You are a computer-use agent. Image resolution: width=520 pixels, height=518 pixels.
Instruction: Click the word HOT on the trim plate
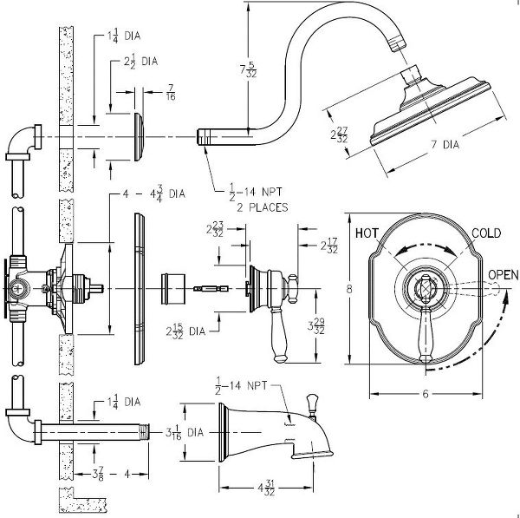(x=367, y=233)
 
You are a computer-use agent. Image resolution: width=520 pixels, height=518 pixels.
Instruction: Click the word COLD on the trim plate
(x=486, y=233)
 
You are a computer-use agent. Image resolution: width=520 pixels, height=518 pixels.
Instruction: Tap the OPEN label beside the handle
(x=503, y=274)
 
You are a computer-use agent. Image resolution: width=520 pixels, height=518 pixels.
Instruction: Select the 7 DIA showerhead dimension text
(x=445, y=145)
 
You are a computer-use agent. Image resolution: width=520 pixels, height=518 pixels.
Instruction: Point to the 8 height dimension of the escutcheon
(x=349, y=289)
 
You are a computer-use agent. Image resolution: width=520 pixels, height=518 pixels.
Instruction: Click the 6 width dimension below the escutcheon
(x=426, y=394)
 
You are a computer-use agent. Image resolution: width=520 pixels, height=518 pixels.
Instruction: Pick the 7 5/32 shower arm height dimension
(x=249, y=69)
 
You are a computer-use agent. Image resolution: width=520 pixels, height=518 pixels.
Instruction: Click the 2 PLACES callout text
(x=262, y=207)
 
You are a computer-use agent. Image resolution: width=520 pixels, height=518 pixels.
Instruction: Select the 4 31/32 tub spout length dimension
(x=266, y=488)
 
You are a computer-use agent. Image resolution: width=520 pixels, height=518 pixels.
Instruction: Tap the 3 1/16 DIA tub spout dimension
(x=185, y=432)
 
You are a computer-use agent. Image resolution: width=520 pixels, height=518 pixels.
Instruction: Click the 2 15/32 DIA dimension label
(x=186, y=331)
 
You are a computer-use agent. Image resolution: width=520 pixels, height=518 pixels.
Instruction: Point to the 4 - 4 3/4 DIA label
(x=154, y=194)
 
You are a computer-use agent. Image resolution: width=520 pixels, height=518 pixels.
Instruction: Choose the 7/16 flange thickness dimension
(x=171, y=92)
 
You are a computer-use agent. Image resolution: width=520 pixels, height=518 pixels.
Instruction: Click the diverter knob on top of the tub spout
(x=311, y=404)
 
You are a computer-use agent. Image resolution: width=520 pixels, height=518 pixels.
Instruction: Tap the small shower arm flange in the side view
(x=140, y=137)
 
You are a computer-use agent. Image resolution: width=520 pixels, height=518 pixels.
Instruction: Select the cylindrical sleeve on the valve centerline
(x=172, y=289)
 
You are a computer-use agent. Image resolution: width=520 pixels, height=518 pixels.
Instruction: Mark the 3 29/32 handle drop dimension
(x=316, y=326)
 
